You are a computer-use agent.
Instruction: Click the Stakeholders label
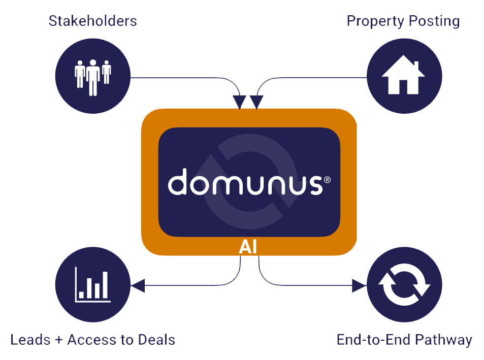[92, 21]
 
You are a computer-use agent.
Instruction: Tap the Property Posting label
[403, 21]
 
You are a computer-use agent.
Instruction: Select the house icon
[404, 77]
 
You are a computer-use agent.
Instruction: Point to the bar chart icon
[92, 285]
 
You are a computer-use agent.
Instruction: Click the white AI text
[248, 247]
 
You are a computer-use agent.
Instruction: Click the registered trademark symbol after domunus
[327, 179]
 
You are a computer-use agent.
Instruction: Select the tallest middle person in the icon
[92, 77]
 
